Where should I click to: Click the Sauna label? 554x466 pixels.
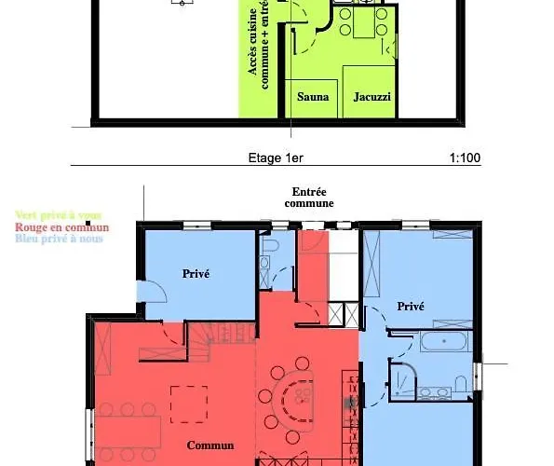tap(312, 97)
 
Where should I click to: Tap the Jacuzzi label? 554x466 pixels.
tap(372, 97)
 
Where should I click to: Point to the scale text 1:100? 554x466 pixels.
tap(465, 158)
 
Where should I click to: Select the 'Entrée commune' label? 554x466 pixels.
tap(308, 197)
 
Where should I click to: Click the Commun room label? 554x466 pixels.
tap(209, 445)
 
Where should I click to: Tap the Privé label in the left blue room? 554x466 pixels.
tap(196, 273)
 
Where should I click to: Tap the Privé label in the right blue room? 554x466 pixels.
tap(411, 306)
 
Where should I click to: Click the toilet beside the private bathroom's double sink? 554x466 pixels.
tap(461, 382)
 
